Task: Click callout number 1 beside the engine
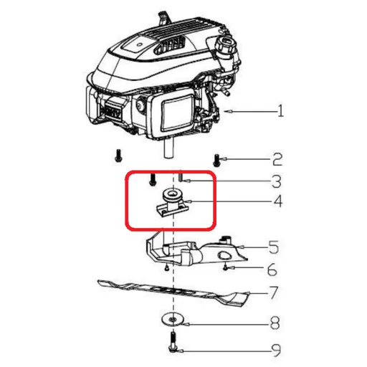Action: click(281, 112)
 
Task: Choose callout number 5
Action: click(273, 248)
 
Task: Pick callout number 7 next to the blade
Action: click(273, 294)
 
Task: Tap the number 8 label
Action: click(273, 324)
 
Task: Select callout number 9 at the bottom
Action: click(273, 351)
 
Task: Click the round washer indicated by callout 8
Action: click(172, 319)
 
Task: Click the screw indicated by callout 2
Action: click(216, 158)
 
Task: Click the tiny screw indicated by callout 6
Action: click(226, 267)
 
